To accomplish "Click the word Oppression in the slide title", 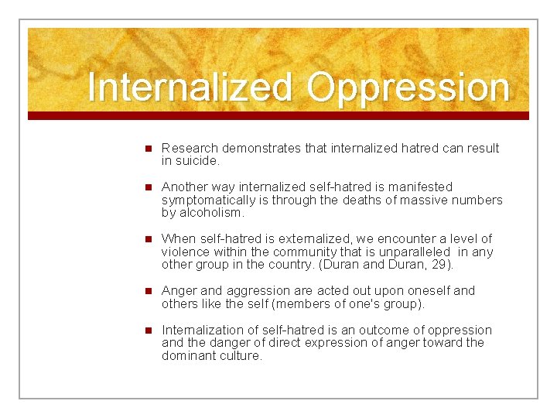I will [x=408, y=88].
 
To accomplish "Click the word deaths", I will [x=371, y=200].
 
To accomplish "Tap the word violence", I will [x=184, y=252].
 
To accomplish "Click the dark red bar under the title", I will [x=278, y=115].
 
